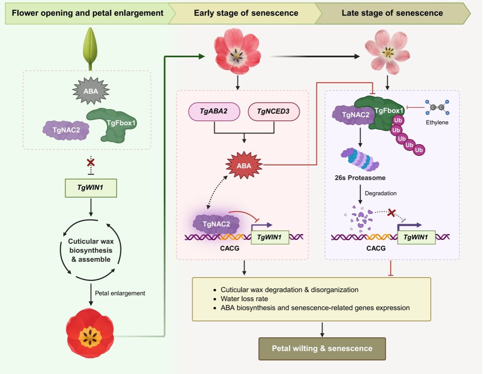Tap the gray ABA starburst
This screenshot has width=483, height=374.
tap(91, 91)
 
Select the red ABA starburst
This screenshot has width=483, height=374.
tap(244, 165)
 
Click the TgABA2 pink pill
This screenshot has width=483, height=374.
tap(214, 111)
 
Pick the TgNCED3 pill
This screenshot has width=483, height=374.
tap(273, 111)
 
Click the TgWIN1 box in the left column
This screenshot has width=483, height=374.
tap(90, 188)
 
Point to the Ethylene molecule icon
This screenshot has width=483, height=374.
tap(437, 108)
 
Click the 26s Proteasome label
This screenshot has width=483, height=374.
tap(360, 178)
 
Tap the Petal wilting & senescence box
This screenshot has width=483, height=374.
tap(322, 348)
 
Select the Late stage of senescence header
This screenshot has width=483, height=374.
tap(392, 13)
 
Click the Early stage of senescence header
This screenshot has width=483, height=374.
tap(246, 13)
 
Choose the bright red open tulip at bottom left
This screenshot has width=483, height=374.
tap(90, 333)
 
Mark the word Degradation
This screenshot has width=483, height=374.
tap(380, 193)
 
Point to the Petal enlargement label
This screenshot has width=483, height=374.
tap(120, 293)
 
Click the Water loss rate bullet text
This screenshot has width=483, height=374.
tap(244, 299)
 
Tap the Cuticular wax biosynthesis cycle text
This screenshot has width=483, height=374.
tap(91, 250)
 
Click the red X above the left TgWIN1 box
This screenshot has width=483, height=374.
tap(90, 162)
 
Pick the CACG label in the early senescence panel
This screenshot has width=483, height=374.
tap(230, 248)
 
